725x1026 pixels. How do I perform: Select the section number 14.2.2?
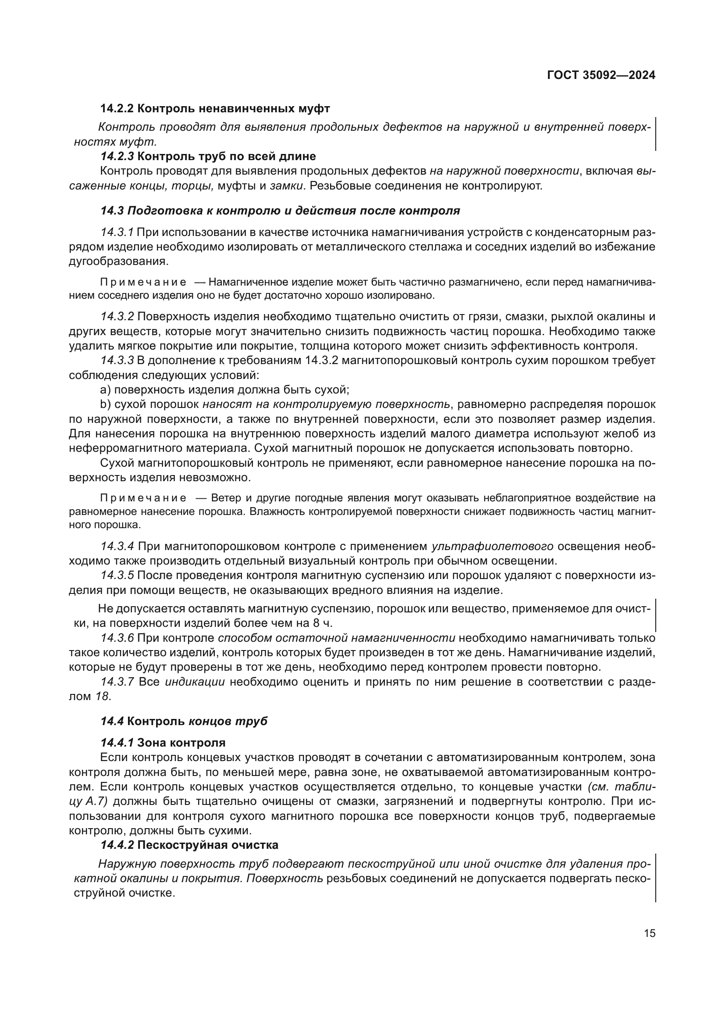117,109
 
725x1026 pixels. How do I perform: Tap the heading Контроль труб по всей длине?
226,157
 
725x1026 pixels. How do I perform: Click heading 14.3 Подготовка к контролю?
280,211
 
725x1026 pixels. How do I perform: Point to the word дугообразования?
119,261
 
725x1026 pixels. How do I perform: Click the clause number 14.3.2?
117,317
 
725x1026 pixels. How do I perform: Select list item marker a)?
105,390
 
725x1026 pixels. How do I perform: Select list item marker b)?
105,405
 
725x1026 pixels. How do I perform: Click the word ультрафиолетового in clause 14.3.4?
492,547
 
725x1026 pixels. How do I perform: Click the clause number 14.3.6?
117,638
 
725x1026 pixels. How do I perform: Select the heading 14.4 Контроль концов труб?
184,722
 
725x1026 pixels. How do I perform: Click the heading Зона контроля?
181,743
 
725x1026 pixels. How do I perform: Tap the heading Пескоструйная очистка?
208,845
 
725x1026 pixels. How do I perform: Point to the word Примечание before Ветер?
143,498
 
